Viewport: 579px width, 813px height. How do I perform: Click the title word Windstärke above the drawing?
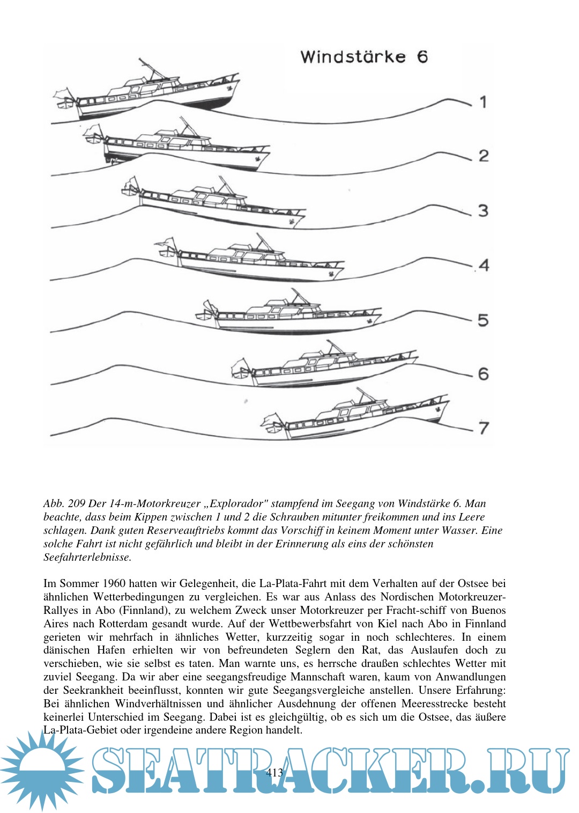click(x=353, y=57)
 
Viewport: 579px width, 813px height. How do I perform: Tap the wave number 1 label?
click(x=483, y=101)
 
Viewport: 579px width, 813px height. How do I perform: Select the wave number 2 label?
click(x=484, y=156)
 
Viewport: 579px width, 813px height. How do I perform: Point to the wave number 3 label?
click(x=484, y=210)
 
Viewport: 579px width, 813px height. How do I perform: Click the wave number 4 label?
click(x=484, y=265)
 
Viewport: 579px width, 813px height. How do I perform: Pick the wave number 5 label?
click(x=484, y=320)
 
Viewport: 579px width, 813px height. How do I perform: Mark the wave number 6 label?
click(x=484, y=373)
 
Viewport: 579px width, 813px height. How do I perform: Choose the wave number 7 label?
click(x=484, y=428)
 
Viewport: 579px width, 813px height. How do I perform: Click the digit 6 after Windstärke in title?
click(x=422, y=57)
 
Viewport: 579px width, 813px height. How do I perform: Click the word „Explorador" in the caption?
click(x=235, y=503)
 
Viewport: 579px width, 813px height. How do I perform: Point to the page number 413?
click(x=274, y=773)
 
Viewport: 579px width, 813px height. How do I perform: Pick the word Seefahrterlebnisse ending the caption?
click(x=87, y=557)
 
